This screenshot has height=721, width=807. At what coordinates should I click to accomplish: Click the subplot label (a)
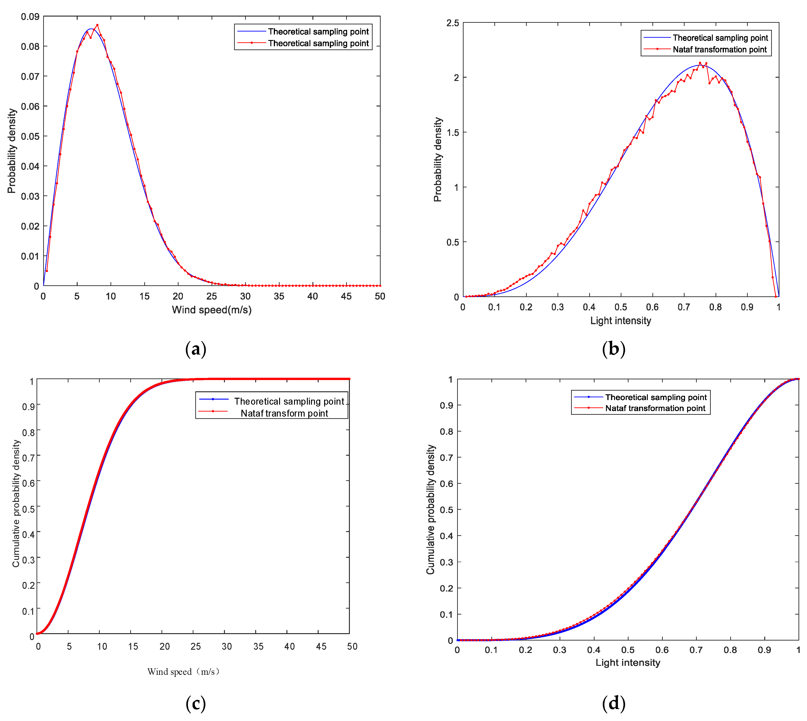195,349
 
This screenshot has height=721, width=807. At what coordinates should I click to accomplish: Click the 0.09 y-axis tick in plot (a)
30,17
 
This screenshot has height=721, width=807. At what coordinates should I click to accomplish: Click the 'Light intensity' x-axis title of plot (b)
620,320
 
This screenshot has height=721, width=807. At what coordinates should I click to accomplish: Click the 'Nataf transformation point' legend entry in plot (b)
719,49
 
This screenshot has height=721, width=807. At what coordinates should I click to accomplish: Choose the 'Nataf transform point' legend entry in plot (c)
284,413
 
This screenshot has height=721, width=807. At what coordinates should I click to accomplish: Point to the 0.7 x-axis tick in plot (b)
683,307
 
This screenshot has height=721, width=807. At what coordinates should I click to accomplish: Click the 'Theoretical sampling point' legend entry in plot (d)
655,397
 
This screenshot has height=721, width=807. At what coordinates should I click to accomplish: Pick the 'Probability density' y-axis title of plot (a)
12,151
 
